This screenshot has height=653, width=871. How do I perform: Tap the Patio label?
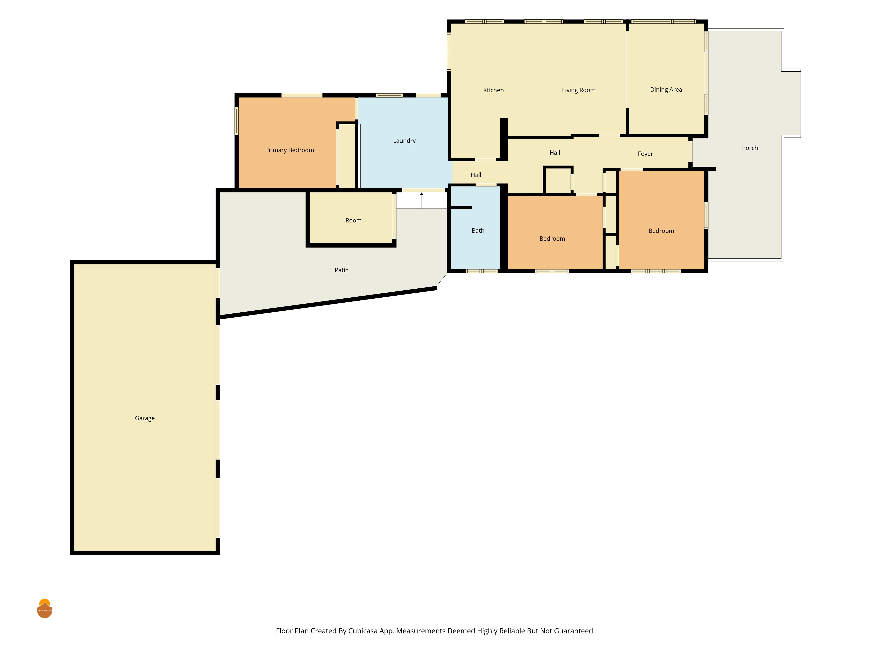click(x=341, y=270)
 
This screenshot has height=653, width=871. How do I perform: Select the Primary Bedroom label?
click(x=289, y=150)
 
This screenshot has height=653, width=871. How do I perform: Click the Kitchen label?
click(x=493, y=90)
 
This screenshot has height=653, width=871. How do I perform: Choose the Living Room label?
click(x=578, y=90)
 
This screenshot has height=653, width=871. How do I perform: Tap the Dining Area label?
click(x=666, y=90)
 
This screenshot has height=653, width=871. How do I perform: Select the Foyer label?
click(x=645, y=154)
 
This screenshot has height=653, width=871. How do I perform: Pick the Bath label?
click(x=478, y=231)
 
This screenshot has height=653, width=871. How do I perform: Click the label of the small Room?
click(x=353, y=220)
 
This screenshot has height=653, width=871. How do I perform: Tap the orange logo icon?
click(x=44, y=609)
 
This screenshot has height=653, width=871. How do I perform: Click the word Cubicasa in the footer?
click(x=363, y=631)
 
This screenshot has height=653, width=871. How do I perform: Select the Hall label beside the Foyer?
click(x=555, y=153)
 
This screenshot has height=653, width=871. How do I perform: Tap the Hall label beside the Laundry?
click(x=476, y=175)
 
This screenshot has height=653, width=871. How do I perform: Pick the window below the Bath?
click(x=482, y=271)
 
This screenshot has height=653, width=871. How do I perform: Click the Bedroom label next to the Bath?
click(x=552, y=239)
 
